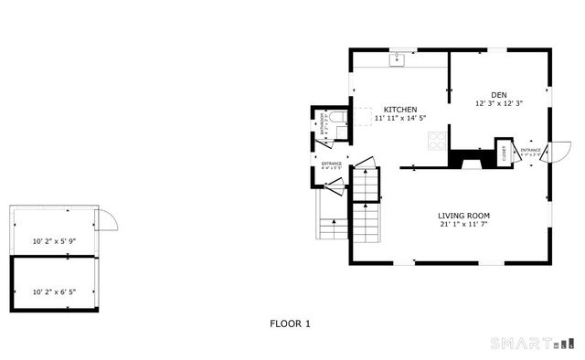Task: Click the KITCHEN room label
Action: [x=400, y=108]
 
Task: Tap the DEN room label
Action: [x=498, y=94]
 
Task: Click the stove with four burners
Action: [x=437, y=140]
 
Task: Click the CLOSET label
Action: [x=504, y=154]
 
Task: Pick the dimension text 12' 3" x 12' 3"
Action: [x=498, y=103]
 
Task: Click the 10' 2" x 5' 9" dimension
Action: [x=54, y=241]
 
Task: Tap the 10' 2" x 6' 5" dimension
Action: [x=54, y=292]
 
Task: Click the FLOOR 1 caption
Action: [x=291, y=323]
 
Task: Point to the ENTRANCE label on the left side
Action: [x=331, y=164]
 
